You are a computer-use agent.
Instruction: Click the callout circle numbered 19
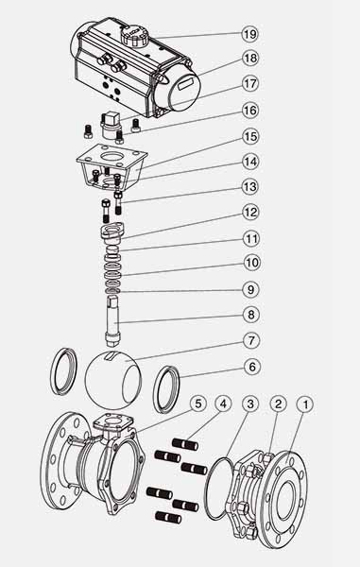click(x=249, y=34)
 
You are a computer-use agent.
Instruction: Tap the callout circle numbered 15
click(x=250, y=137)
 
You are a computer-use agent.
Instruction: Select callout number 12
click(x=250, y=213)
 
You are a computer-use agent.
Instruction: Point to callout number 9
click(x=250, y=289)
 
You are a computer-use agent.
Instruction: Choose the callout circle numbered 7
click(x=251, y=340)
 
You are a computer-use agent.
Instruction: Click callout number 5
click(x=198, y=404)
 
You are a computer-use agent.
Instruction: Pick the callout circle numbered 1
click(x=306, y=404)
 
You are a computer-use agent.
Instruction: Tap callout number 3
click(x=250, y=404)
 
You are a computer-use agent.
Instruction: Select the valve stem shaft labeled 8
click(x=113, y=318)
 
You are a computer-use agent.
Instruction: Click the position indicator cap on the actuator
click(x=134, y=35)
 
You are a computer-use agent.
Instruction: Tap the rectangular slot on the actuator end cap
click(x=186, y=86)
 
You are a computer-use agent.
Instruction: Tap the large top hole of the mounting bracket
click(x=111, y=156)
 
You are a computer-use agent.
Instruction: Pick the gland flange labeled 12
click(x=112, y=232)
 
